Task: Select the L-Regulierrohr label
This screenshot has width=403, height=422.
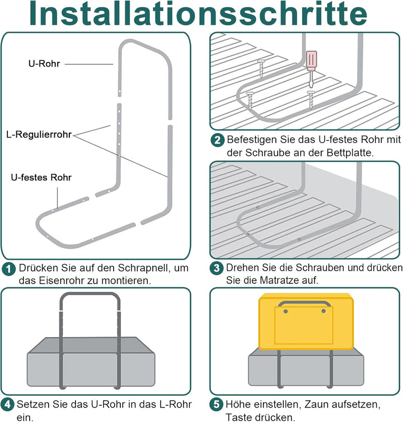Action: tap(39, 135)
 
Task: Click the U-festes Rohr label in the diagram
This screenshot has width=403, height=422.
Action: tap(41, 177)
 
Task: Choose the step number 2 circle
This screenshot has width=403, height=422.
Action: tap(217, 140)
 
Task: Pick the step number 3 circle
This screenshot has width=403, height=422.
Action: tap(217, 268)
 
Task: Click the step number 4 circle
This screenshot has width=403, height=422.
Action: tap(8, 404)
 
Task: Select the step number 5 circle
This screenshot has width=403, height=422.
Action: tap(217, 404)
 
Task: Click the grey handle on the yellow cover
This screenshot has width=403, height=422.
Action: tap(305, 305)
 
